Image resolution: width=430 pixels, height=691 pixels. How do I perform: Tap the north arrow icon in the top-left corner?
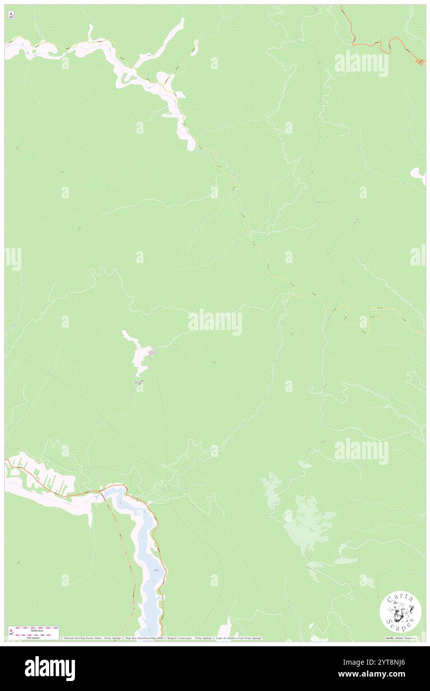[11, 16]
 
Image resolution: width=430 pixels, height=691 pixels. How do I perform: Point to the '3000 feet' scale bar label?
[37, 630]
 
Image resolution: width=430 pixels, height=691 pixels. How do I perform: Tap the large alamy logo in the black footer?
[50, 668]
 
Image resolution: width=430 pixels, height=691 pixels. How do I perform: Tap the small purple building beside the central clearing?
[151, 353]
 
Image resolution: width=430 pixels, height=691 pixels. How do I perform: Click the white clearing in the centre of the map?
[138, 355]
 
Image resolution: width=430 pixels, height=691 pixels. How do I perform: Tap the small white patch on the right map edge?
[418, 174]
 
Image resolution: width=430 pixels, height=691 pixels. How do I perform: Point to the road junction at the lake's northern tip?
[102, 490]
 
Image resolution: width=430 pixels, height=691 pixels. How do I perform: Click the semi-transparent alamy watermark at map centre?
[215, 322]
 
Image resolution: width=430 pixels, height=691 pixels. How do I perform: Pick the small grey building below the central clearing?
[140, 382]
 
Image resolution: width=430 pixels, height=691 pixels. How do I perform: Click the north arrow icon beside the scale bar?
[11, 632]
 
